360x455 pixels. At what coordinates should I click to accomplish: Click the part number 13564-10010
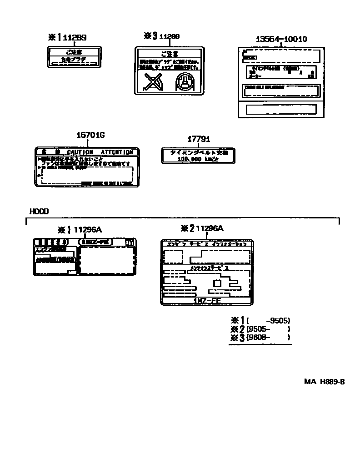280,39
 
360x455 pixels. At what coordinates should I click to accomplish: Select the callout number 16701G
90,135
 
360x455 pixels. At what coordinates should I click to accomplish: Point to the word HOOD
39,211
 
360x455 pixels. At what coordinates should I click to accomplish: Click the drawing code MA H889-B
324,381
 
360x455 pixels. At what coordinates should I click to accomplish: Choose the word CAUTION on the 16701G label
80,152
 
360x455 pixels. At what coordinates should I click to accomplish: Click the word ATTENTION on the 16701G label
117,152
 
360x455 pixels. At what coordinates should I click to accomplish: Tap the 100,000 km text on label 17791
198,159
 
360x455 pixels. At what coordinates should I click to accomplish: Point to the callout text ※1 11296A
82,230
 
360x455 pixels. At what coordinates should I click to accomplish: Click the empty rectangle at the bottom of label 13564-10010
281,110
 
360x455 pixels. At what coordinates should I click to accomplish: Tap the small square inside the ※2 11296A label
217,283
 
